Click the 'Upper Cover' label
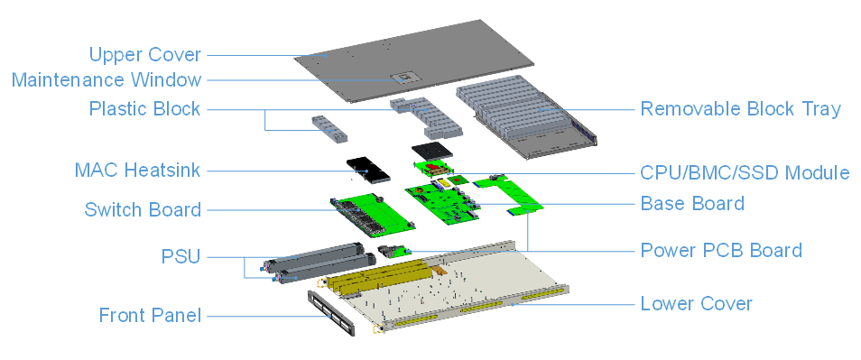[145, 55]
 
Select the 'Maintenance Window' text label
[106, 80]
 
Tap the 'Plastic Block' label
[144, 108]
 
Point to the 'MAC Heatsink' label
[137, 171]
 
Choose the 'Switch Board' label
[143, 209]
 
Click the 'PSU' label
[181, 256]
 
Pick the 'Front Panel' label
[150, 316]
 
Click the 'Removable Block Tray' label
[741, 108]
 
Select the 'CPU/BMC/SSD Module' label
[745, 173]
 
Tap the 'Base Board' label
[692, 204]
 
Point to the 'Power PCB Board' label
[721, 250]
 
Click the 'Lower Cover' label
[696, 303]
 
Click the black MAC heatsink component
[368, 170]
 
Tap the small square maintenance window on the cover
[404, 77]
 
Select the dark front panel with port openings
[331, 312]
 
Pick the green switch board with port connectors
[373, 213]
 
